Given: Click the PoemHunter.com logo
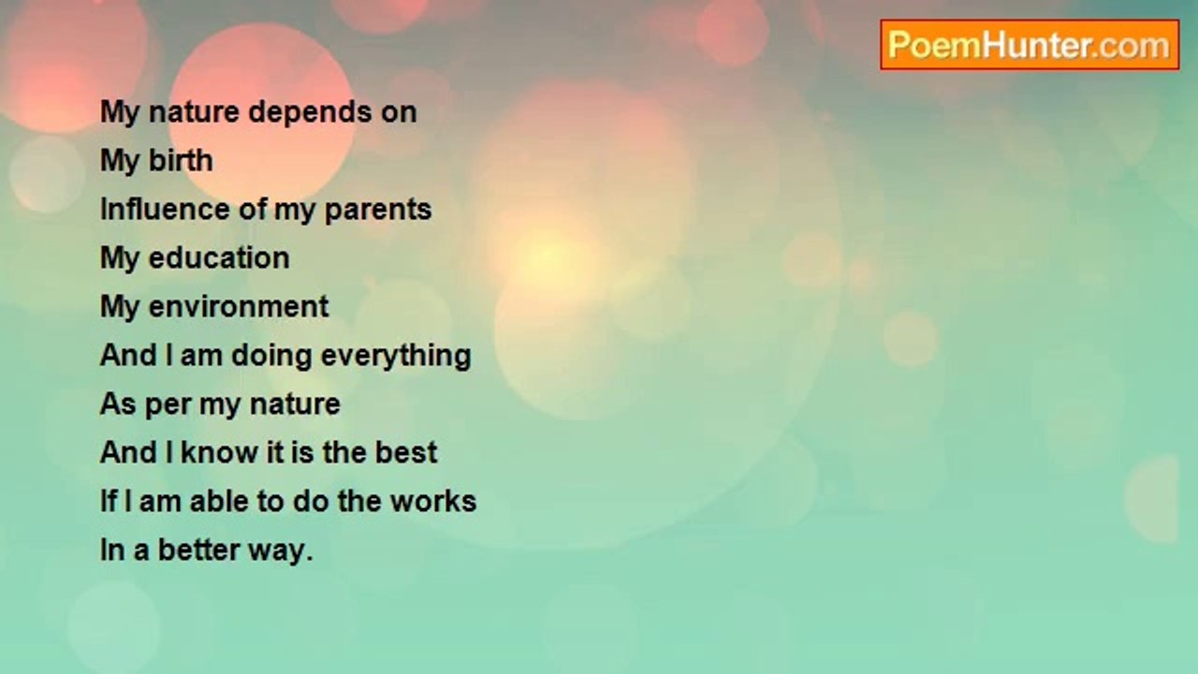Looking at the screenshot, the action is [x=1030, y=45].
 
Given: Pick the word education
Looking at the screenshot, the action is [x=219, y=257].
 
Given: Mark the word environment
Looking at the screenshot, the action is [x=239, y=306].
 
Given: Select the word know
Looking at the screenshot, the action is [x=219, y=452].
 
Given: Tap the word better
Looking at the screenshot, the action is [x=198, y=549].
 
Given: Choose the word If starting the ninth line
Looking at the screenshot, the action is [x=109, y=501].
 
